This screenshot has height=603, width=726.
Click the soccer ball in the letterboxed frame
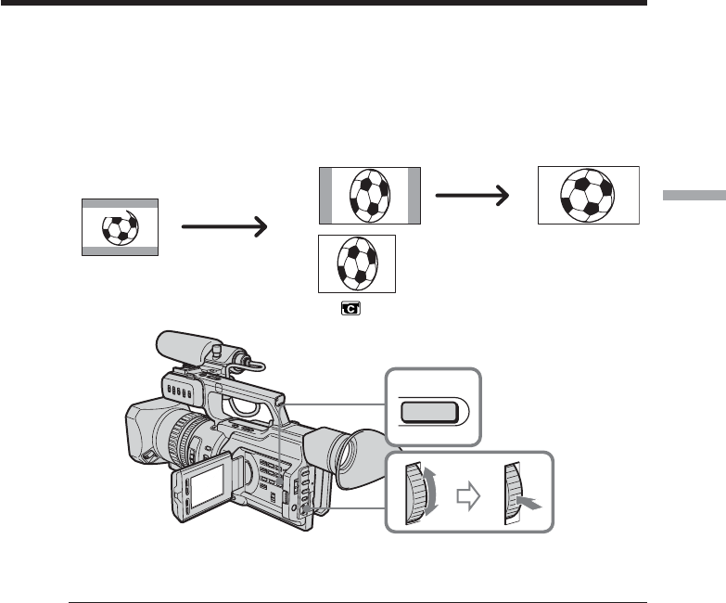click(120, 226)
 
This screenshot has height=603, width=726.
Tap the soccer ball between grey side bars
click(370, 196)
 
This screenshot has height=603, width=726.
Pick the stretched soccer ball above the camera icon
click(357, 262)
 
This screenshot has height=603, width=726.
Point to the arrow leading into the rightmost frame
click(472, 196)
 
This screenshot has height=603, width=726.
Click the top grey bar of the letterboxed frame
click(120, 202)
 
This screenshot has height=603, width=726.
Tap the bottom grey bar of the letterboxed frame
click(120, 250)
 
